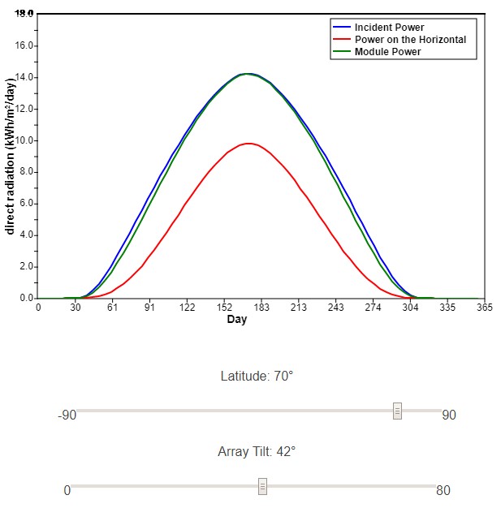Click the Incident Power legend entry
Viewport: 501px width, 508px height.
389,28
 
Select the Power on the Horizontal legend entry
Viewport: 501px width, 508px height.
410,39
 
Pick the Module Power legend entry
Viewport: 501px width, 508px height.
387,51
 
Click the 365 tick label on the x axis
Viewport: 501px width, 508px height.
484,308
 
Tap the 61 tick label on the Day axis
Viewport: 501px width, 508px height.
113,308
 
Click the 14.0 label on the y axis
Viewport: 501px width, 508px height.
24,77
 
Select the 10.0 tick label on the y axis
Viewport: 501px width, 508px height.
24,140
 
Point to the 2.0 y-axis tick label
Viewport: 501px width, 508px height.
26,267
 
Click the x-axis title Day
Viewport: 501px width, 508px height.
237,320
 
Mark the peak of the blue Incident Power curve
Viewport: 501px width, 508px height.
247,74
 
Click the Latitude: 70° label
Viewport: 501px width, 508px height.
256,377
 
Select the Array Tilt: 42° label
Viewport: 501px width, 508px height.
256,451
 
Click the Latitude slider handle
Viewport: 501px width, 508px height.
397,411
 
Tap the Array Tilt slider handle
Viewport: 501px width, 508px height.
262,486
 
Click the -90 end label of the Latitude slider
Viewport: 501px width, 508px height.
67,415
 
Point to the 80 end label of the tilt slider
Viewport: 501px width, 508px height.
443,490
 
